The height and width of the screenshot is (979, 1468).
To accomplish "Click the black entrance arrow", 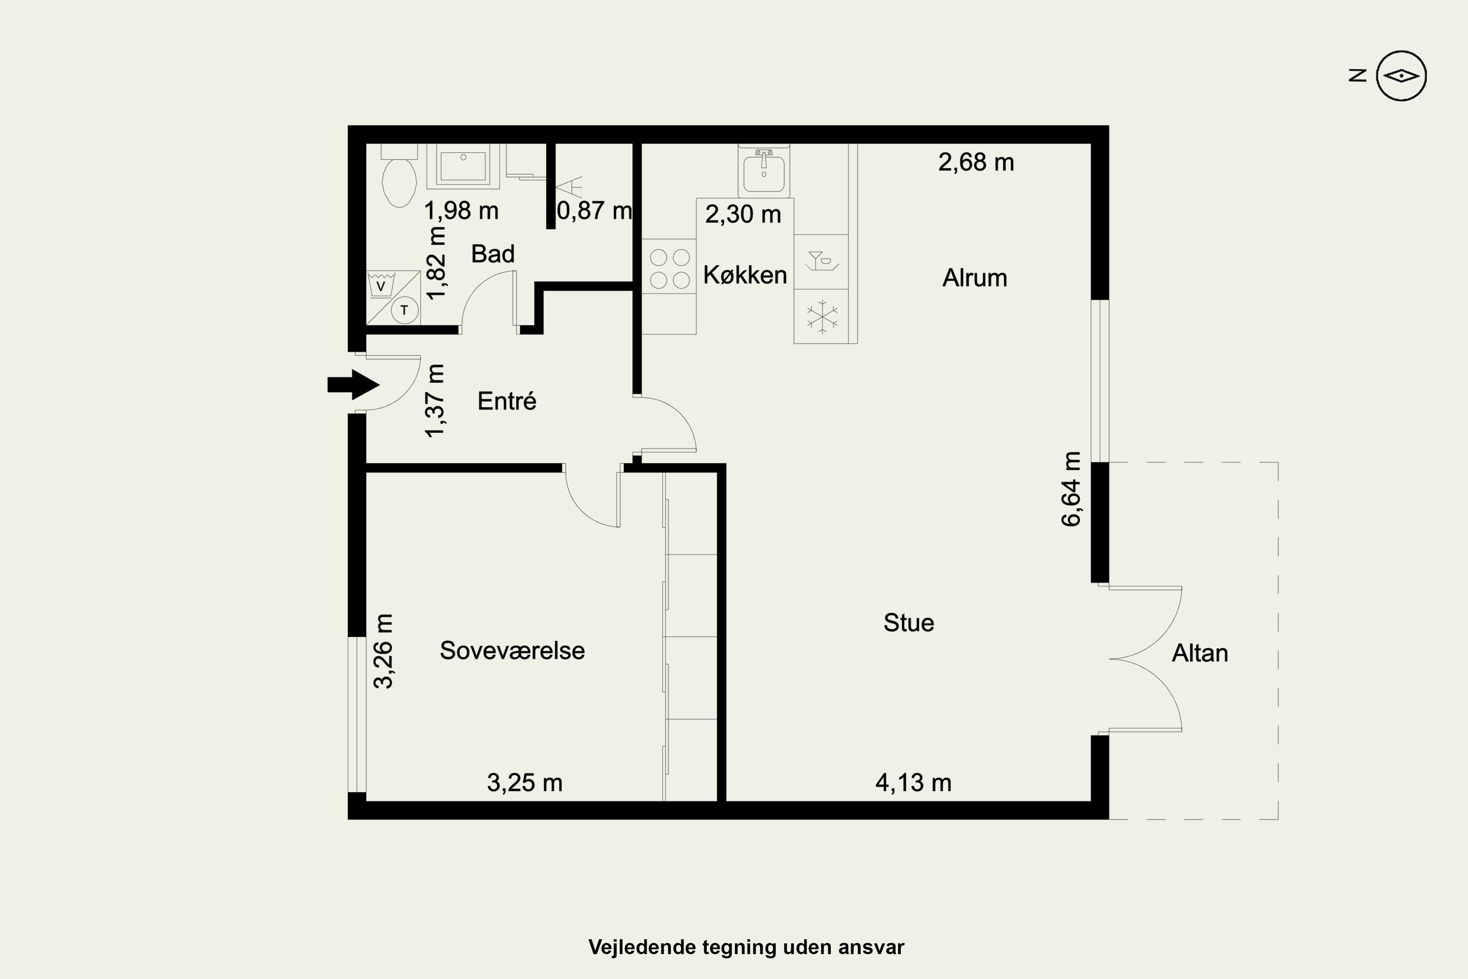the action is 353,385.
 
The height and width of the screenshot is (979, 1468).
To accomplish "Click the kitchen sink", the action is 763,172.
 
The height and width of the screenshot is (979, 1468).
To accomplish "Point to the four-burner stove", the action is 669,268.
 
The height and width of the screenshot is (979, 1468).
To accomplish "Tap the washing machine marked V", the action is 380,286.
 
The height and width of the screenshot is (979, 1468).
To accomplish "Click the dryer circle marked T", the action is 405,310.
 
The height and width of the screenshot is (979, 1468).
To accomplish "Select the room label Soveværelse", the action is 512,651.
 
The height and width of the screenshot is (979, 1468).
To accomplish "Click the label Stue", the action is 909,623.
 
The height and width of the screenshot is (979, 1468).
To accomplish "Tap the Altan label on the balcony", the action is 1200,653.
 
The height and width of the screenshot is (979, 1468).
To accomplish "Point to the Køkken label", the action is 745,275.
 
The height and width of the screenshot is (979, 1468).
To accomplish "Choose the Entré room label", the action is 507,401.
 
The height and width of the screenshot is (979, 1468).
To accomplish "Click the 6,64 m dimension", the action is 1071,489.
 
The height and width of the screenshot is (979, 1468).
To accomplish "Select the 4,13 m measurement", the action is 913,782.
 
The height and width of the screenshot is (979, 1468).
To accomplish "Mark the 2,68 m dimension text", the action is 976,163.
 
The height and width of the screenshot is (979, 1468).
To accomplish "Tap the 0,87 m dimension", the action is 594,210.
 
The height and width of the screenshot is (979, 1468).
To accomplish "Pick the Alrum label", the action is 975,278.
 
